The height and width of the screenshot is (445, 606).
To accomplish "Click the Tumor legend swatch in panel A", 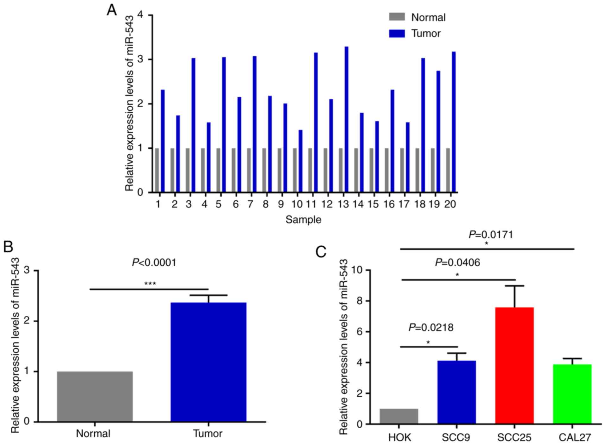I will point(397,34).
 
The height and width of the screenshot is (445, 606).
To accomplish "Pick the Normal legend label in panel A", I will point(428,17).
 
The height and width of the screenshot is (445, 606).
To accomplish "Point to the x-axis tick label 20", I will point(450,204).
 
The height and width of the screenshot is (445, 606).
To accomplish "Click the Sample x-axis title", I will point(303,219).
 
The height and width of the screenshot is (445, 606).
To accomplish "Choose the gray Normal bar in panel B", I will point(94,397).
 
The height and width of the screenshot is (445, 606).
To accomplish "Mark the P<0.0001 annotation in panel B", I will point(154,263).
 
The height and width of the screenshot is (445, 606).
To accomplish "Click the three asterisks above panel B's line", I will point(150,284).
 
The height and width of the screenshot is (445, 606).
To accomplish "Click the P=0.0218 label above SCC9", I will point(431,328).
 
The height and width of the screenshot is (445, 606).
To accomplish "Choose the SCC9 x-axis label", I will point(456,438).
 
